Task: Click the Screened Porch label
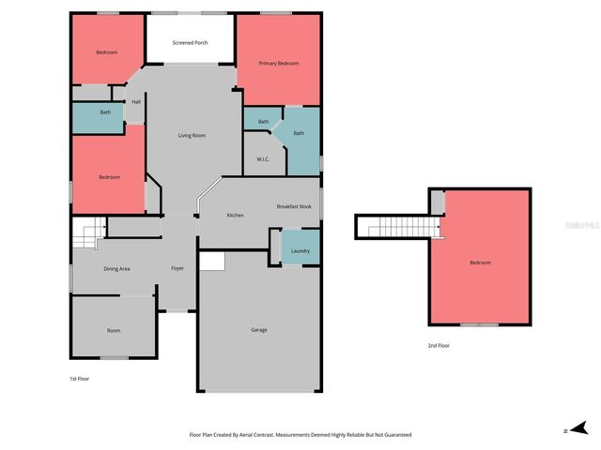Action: tap(191, 43)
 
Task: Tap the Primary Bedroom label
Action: tap(280, 63)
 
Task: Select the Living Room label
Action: tap(192, 136)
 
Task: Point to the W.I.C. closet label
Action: tap(263, 159)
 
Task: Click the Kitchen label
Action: tap(235, 216)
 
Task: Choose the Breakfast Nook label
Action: tap(294, 206)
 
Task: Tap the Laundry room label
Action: tap(300, 251)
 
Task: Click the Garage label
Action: tap(258, 330)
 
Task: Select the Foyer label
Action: tap(177, 269)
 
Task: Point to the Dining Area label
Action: tap(116, 269)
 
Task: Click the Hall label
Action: tap(136, 102)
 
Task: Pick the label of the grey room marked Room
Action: tap(114, 331)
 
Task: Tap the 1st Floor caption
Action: tap(79, 379)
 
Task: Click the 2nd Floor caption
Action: tap(439, 346)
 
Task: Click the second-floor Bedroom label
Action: tap(480, 262)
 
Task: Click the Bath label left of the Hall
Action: tap(106, 113)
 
